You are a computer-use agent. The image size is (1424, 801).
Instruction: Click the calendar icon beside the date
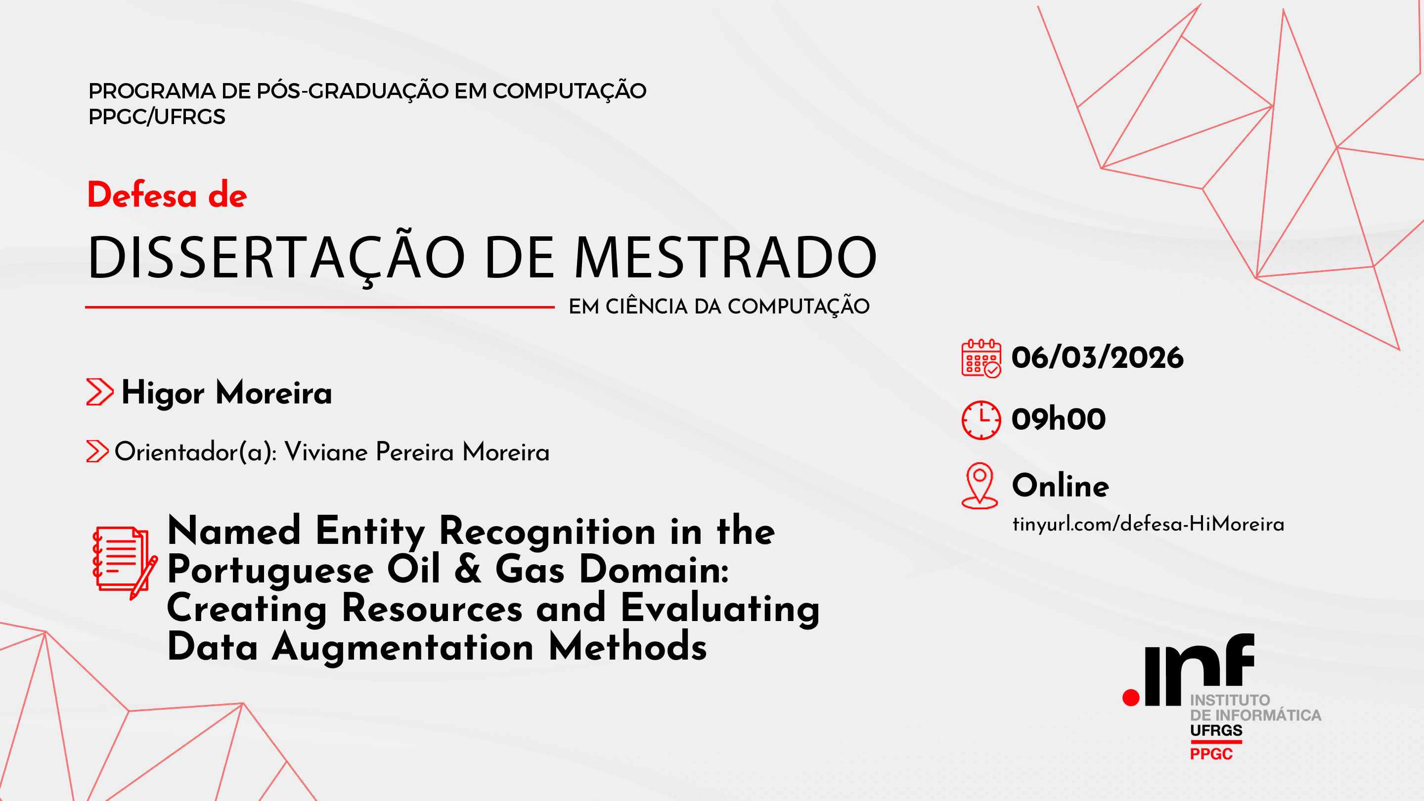tap(981, 358)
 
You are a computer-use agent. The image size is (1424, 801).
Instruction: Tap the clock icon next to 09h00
tap(981, 420)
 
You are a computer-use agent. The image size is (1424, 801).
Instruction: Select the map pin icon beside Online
tap(979, 486)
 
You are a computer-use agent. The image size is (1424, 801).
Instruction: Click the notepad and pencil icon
tap(125, 563)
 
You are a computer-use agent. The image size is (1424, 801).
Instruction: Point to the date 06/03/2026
tap(1097, 357)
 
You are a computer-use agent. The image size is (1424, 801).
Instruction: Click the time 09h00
tap(1059, 418)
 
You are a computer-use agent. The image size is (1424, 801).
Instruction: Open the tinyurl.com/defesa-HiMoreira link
tap(1148, 524)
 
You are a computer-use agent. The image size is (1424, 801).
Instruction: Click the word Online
tap(1060, 486)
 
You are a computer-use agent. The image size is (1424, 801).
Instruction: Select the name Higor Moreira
tap(226, 393)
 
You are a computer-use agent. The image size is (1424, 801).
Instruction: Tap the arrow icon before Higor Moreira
tap(100, 392)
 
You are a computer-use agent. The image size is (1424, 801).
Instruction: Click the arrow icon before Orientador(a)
tap(97, 451)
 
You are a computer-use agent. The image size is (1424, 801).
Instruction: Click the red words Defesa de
tap(167, 195)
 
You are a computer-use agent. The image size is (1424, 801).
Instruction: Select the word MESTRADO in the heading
tap(726, 257)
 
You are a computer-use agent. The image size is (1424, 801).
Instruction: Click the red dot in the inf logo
tap(1131, 698)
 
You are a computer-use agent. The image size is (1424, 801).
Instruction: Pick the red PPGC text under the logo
tap(1211, 754)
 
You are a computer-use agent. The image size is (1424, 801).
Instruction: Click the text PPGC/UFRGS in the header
tap(157, 117)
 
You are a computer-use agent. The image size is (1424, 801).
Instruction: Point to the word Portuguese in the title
tap(270, 571)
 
